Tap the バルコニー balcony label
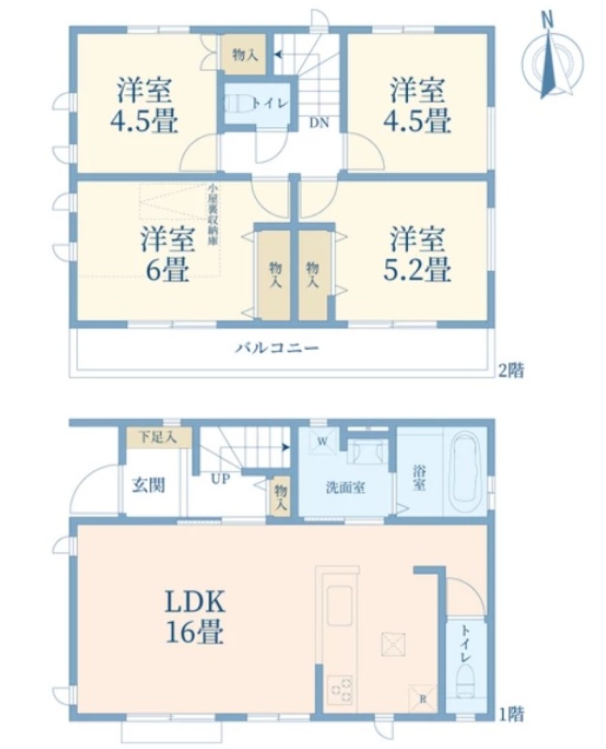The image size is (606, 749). [277, 348]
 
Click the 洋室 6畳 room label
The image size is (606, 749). [167, 255]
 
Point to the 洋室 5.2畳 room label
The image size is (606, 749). [417, 255]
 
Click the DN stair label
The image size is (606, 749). [318, 122]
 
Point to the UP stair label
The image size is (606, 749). [220, 478]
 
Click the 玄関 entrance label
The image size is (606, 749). [149, 485]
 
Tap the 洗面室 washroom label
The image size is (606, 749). [345, 488]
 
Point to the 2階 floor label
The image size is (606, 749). [511, 370]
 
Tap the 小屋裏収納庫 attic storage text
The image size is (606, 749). [212, 214]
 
